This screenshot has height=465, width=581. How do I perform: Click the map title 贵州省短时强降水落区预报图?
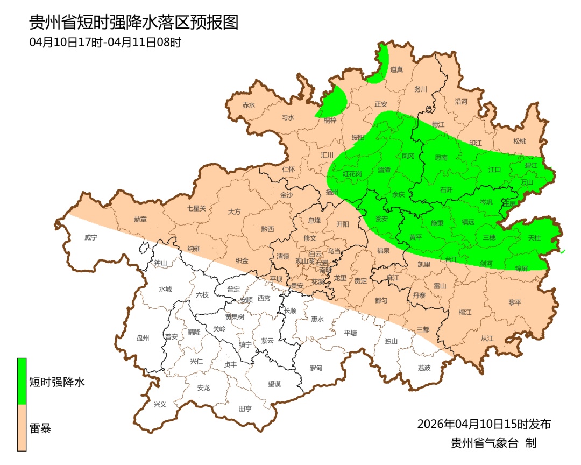133,23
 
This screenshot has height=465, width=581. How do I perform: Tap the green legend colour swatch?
22,381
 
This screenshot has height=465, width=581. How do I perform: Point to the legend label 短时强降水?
57,382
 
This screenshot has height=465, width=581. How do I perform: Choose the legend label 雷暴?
40,429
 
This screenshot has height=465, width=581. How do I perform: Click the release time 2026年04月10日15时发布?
484,424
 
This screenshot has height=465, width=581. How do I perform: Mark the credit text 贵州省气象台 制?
493,443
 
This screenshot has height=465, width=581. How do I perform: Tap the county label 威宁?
91,237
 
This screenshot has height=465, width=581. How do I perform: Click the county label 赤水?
249,105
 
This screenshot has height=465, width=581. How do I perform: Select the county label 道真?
396,69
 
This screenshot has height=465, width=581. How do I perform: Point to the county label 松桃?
519,142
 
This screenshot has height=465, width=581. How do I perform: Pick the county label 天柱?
534,237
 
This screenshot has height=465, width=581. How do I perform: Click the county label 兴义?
160,404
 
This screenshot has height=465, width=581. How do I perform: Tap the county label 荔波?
424,368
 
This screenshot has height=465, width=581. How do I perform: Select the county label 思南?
441,158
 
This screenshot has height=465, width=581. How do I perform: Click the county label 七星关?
196,208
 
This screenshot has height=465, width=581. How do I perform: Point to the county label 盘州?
143,338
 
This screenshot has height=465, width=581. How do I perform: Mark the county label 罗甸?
316,368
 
